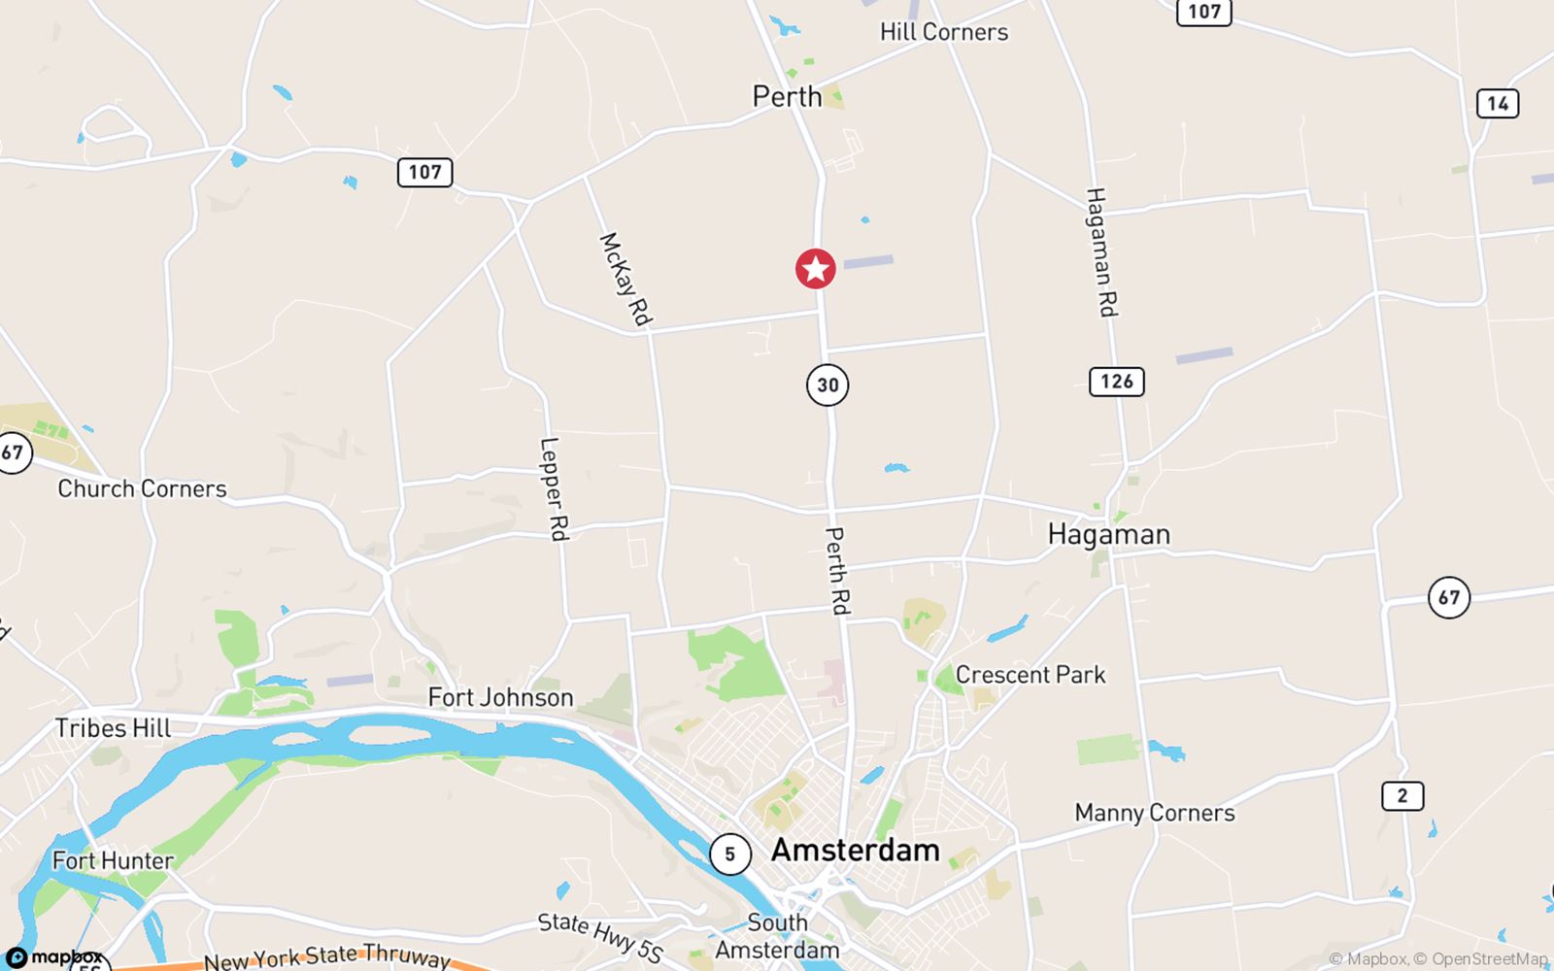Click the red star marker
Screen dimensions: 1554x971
816,269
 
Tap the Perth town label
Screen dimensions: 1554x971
787,97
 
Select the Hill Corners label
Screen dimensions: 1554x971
944,32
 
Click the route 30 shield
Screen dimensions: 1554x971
828,385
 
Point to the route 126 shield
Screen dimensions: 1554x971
1116,381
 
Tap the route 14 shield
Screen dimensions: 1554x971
1497,103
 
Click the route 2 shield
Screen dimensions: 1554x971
1402,796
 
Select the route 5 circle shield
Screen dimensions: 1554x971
729,854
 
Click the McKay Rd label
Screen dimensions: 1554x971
625,279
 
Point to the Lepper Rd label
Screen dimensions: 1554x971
553,488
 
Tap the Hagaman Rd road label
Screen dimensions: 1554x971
1101,251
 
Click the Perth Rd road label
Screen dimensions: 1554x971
836,570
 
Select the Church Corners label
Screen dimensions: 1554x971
142,488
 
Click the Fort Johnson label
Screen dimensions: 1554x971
500,697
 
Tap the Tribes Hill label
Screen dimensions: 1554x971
113,728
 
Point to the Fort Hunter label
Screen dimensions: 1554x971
113,860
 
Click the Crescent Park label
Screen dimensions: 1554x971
1030,675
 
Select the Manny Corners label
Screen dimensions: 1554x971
1154,813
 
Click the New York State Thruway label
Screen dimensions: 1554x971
326,957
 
